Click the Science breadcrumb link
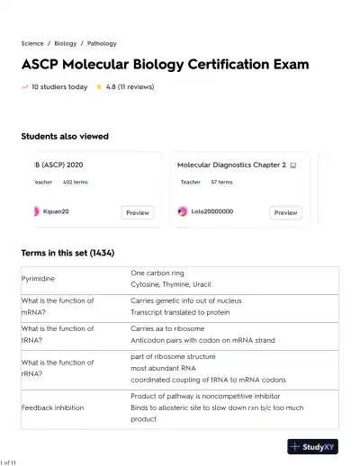click(x=32, y=43)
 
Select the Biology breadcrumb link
click(x=66, y=43)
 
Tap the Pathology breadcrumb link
click(x=102, y=43)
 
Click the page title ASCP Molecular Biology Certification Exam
click(x=165, y=65)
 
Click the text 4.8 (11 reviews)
click(x=130, y=87)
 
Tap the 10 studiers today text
click(x=59, y=87)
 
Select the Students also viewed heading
click(x=65, y=137)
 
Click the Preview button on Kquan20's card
click(x=138, y=212)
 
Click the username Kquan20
click(x=56, y=211)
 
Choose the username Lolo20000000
click(x=212, y=211)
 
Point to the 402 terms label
click(x=76, y=182)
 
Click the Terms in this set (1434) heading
click(x=67, y=253)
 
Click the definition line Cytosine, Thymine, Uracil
click(x=171, y=284)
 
